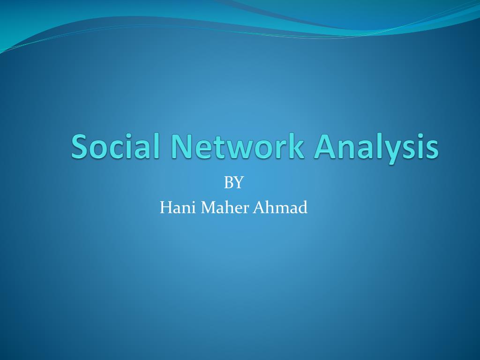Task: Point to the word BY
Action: click(x=233, y=182)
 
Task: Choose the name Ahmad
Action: click(x=280, y=207)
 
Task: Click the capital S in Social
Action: click(x=80, y=146)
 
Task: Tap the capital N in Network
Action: click(x=180, y=146)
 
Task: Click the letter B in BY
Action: click(x=229, y=182)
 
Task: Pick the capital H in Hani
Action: click(x=165, y=207)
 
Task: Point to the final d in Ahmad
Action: click(x=303, y=207)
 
